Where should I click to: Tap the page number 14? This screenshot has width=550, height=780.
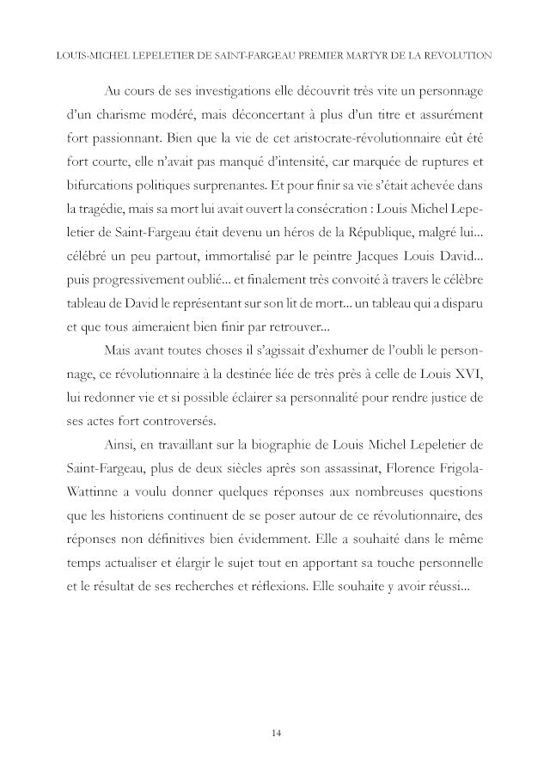pos(275,733)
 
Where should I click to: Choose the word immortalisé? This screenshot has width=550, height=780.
pos(211,254)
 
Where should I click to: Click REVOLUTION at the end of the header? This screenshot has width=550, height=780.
pos(459,56)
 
